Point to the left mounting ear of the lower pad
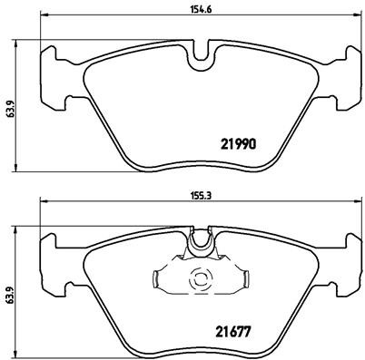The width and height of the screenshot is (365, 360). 56,260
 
